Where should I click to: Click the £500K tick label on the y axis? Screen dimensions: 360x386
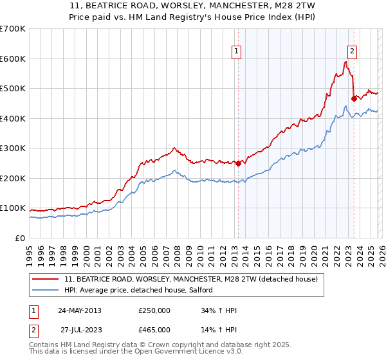[13, 88]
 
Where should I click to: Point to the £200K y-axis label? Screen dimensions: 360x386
[13, 178]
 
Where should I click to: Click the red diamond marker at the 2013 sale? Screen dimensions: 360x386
[238, 163]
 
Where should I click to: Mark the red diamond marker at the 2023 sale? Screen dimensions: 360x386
[354, 98]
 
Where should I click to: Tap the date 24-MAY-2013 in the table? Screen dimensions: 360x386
[80, 310]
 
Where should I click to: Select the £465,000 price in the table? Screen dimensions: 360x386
[154, 329]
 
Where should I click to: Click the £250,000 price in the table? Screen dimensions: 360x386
[154, 310]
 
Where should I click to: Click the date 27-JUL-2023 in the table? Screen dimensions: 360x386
[80, 329]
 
